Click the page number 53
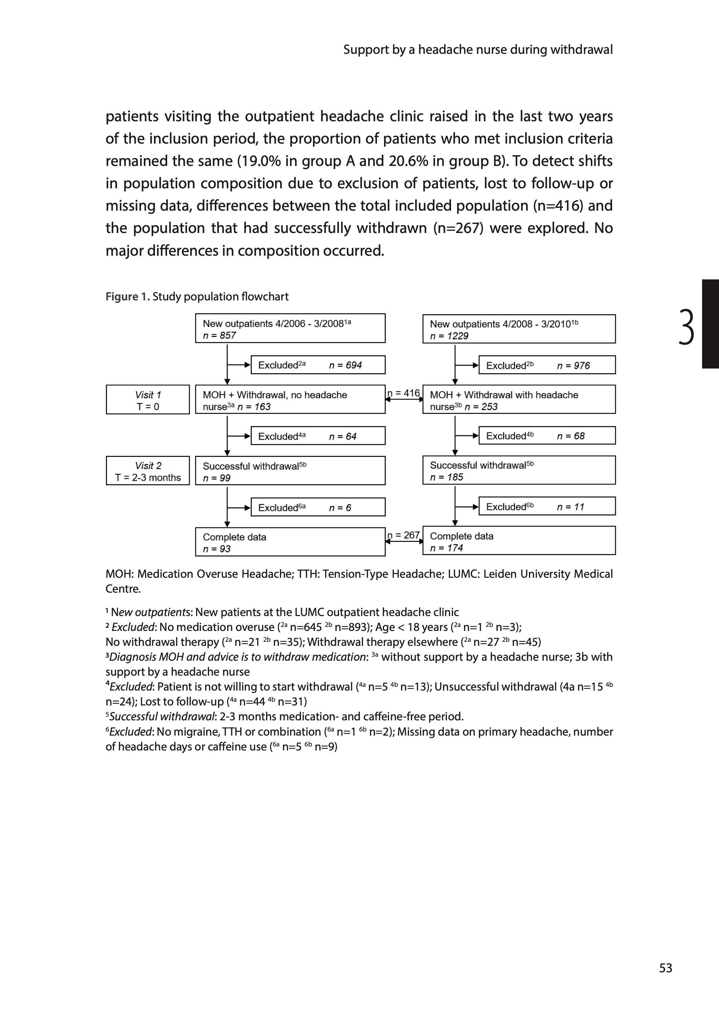click(x=666, y=968)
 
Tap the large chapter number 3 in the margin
click(x=686, y=327)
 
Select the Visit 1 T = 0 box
click(x=148, y=400)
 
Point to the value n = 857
click(x=220, y=335)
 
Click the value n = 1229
click(x=449, y=336)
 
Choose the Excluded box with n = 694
click(x=318, y=365)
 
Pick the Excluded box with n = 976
click(x=547, y=365)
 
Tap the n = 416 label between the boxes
click(x=404, y=393)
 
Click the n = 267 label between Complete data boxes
click(x=404, y=535)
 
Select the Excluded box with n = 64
click(x=318, y=436)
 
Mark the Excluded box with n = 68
click(x=547, y=436)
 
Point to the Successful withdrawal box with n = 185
click(x=519, y=470)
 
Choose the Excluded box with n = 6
click(x=318, y=507)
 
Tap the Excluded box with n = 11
click(x=547, y=506)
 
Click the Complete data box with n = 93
click(x=290, y=542)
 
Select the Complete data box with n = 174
click(x=519, y=541)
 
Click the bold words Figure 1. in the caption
click(x=128, y=297)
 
